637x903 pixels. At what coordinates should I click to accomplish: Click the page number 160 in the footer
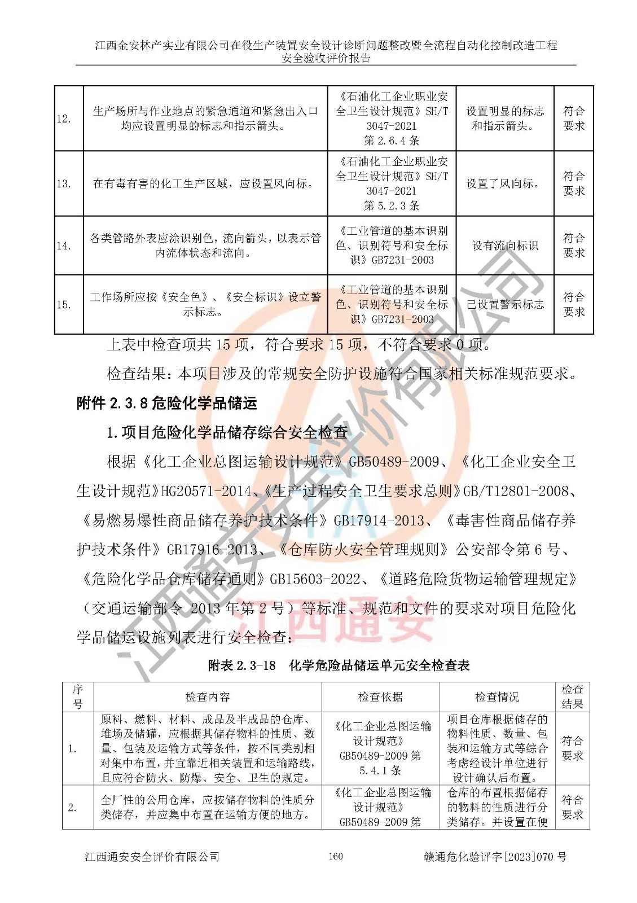coord(335,856)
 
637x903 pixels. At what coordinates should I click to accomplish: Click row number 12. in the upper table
coord(64,119)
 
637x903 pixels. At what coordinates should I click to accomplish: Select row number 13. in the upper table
coord(64,183)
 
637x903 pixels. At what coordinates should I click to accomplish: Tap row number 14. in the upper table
coord(64,246)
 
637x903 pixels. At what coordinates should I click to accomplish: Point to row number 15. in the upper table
coord(64,305)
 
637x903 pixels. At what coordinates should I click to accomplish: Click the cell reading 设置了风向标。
coord(504,183)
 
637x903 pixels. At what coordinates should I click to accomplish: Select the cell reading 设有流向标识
coord(504,246)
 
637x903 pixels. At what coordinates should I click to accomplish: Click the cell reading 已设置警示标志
coord(504,305)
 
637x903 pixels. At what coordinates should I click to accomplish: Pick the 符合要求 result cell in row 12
coord(574,119)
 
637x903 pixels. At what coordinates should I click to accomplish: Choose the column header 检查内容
coord(207,697)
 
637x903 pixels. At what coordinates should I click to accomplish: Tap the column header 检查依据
coord(380,697)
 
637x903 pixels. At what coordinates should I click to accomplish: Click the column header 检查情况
coord(497,697)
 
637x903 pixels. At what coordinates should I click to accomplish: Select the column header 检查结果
coord(572,697)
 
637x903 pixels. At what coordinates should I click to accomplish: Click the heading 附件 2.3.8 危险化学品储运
coord(166,403)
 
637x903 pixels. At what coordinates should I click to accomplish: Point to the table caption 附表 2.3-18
coord(242,665)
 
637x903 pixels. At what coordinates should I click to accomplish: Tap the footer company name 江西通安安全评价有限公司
coord(152,857)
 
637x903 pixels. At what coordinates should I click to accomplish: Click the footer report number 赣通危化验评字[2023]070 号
coord(495,857)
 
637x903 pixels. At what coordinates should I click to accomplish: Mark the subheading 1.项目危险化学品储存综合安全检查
coord(227,432)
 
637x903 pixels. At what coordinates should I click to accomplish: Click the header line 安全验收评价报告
coord(326,58)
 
